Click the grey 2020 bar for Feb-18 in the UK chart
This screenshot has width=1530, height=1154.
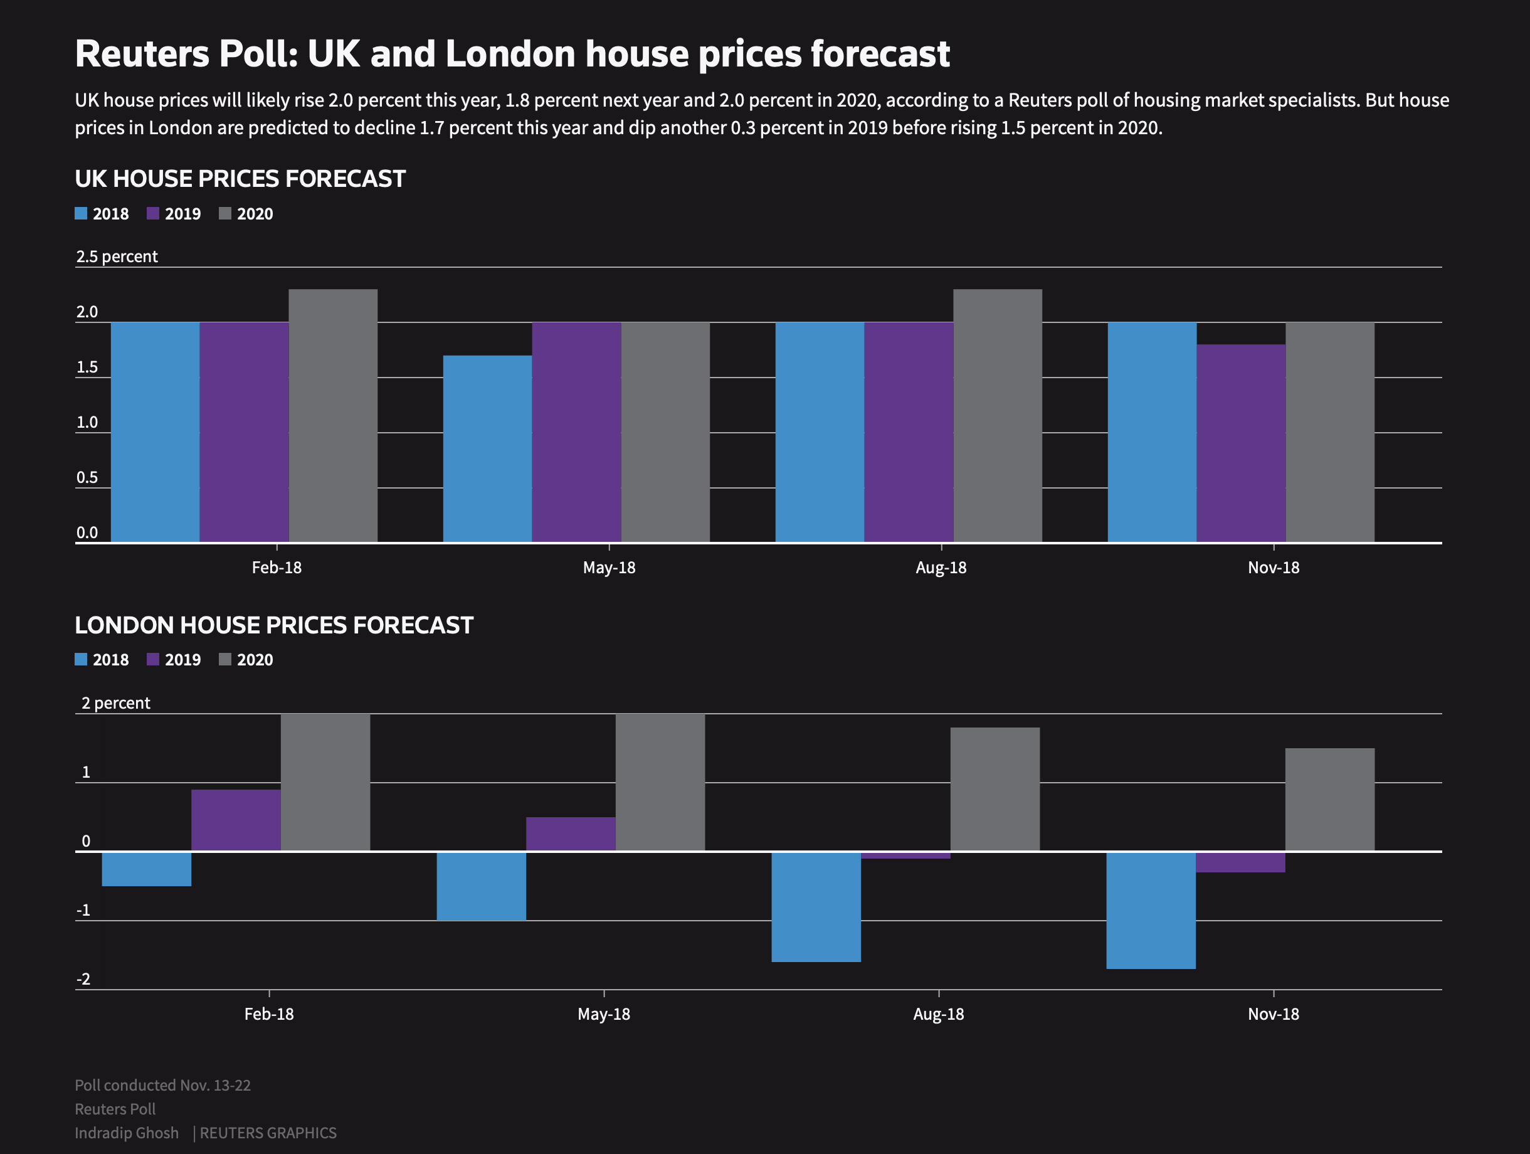point(333,415)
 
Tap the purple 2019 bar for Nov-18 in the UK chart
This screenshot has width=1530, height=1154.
point(1241,443)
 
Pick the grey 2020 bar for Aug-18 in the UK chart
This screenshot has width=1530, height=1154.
point(998,415)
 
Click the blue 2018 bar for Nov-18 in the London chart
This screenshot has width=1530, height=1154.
point(1151,911)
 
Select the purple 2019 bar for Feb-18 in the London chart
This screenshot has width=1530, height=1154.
point(236,820)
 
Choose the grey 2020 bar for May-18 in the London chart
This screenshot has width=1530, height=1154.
point(660,782)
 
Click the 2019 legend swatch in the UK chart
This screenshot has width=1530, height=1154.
point(153,213)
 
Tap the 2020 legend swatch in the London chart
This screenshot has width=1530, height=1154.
point(224,659)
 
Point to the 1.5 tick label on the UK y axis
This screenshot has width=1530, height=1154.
point(87,368)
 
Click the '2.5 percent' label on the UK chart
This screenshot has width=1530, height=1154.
point(117,257)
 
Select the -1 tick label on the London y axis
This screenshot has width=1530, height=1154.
point(83,911)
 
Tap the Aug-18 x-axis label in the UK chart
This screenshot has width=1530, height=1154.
point(941,568)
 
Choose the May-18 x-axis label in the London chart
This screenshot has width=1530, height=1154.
point(604,1014)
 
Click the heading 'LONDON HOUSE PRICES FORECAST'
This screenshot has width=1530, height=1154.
point(274,625)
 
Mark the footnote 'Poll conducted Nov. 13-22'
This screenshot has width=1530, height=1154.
point(162,1086)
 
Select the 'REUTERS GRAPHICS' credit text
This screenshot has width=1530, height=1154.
point(268,1133)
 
